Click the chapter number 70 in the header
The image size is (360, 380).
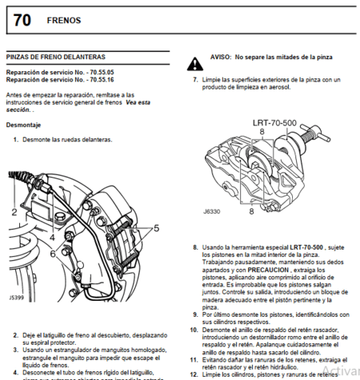22,19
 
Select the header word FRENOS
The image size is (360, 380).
64,20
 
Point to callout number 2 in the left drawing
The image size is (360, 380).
14,212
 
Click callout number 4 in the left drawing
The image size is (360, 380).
51,238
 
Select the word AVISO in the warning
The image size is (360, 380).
222,58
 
